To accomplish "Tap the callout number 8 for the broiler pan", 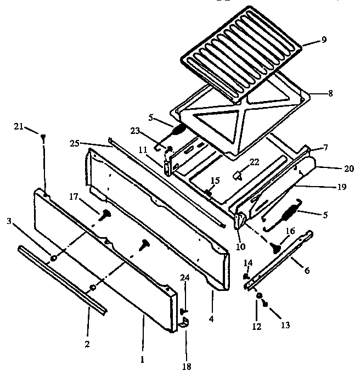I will point(330,93).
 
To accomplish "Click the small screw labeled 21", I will point(42,139).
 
